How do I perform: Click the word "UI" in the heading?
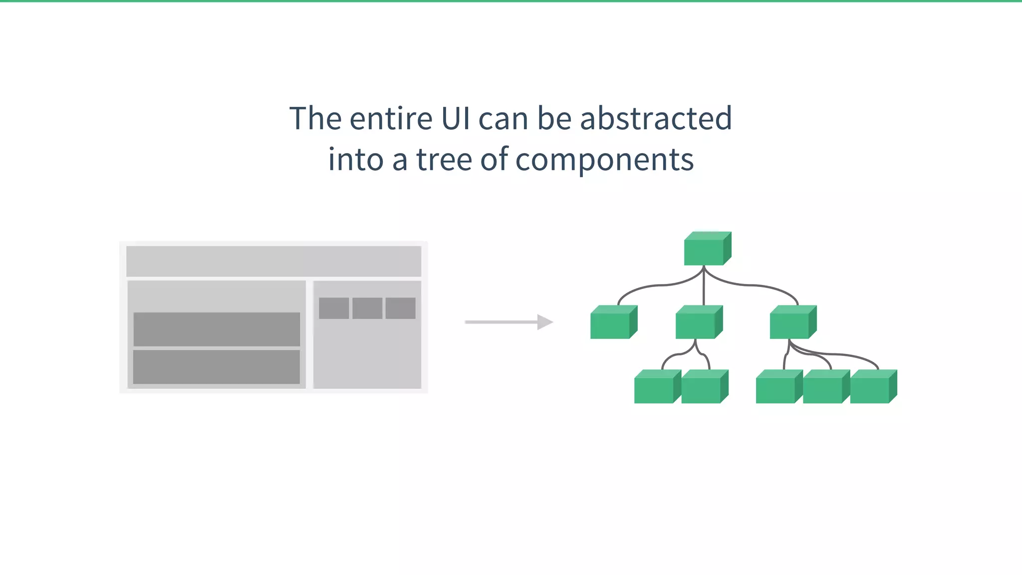point(456,119)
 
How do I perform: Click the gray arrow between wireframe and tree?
point(509,322)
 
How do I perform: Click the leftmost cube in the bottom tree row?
point(655,387)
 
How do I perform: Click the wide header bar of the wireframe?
point(273,261)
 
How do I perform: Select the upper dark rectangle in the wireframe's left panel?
point(217,329)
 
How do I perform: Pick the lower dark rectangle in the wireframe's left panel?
point(217,367)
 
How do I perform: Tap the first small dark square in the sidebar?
point(334,308)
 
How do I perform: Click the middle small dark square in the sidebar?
point(367,308)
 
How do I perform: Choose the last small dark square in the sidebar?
point(401,308)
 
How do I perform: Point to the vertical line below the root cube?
point(704,287)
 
